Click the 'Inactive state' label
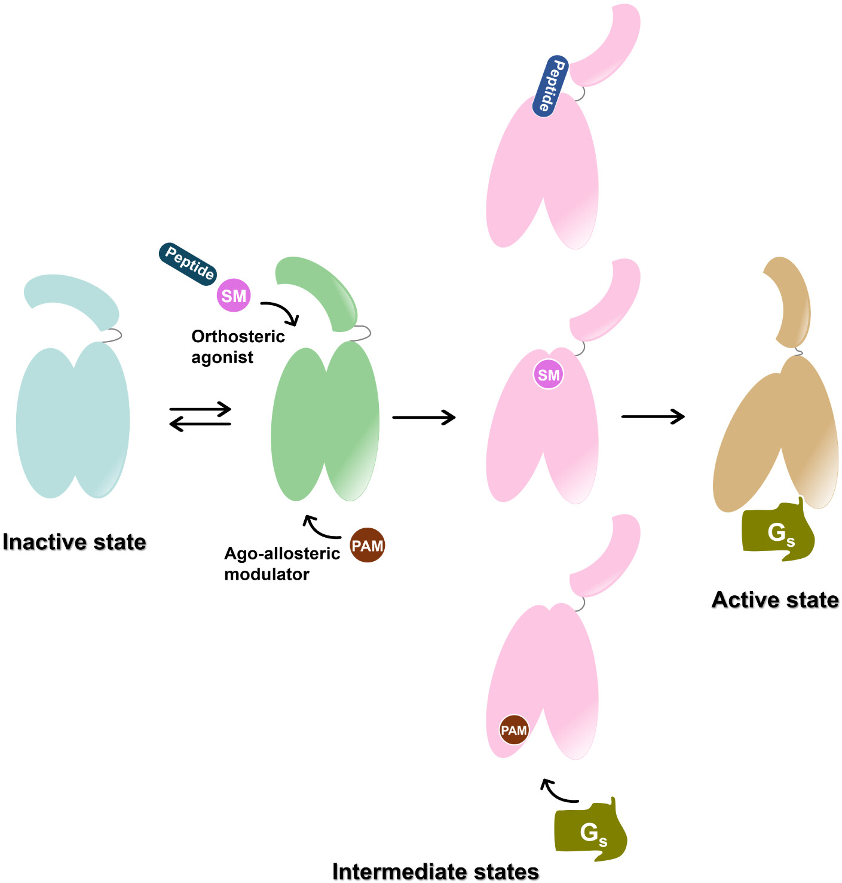tap(74, 542)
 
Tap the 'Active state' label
tap(775, 600)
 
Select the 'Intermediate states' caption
tap(435, 872)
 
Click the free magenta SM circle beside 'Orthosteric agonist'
tap(234, 296)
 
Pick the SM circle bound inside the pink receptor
tap(549, 375)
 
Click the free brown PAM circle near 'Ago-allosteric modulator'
tap(367, 546)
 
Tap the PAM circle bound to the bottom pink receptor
tap(514, 730)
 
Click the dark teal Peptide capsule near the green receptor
tap(188, 263)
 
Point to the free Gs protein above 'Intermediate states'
tap(590, 830)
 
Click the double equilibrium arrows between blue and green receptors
tap(200, 417)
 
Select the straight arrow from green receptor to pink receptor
tap(424, 417)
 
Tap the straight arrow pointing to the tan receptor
tap(653, 416)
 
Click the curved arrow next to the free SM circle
tap(281, 312)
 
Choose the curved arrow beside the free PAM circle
tap(320, 527)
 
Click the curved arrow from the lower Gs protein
tap(558, 791)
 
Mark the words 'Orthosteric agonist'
tap(237, 346)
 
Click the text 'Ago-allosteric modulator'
tap(281, 564)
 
